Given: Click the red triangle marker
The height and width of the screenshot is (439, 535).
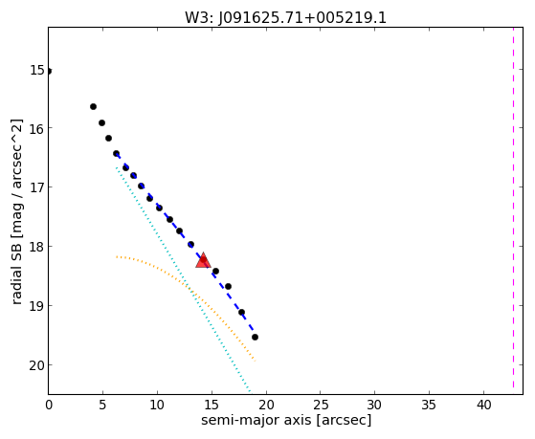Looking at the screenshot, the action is pos(203,260).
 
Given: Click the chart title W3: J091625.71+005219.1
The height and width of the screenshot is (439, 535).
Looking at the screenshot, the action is pos(285,18).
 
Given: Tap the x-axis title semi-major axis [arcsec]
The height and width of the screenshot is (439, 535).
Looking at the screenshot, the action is pos(286,420).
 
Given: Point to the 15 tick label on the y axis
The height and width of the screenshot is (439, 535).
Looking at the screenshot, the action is pos(37,70).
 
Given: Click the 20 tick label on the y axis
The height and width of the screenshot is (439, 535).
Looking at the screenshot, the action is pos(37,365).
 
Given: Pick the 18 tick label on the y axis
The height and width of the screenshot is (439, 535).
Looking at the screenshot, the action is pos(37,246).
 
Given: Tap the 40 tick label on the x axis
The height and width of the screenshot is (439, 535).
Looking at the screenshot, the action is pos(484,405).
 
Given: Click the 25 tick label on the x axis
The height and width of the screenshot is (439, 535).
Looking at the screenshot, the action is pos(321,405).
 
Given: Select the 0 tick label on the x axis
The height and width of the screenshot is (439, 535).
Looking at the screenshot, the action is pos(49,405).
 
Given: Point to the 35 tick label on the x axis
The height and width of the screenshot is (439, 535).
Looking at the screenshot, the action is pos(429,405).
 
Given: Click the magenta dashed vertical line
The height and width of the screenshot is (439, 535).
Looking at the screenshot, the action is pos(513,210).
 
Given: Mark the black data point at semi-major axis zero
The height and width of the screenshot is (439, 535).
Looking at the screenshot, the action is pos(49,71).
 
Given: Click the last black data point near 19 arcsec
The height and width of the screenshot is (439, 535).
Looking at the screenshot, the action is pos(255,337).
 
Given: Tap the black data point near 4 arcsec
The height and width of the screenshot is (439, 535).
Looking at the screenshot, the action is pos(93,107).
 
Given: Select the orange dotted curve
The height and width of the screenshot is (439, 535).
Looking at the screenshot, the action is pos(191,290).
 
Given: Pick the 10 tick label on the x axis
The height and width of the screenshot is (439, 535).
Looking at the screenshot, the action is pos(157,405).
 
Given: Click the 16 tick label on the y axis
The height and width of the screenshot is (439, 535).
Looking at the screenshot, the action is pos(37,128).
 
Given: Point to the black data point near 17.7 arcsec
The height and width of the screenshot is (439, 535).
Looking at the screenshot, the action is pos(241,312).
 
